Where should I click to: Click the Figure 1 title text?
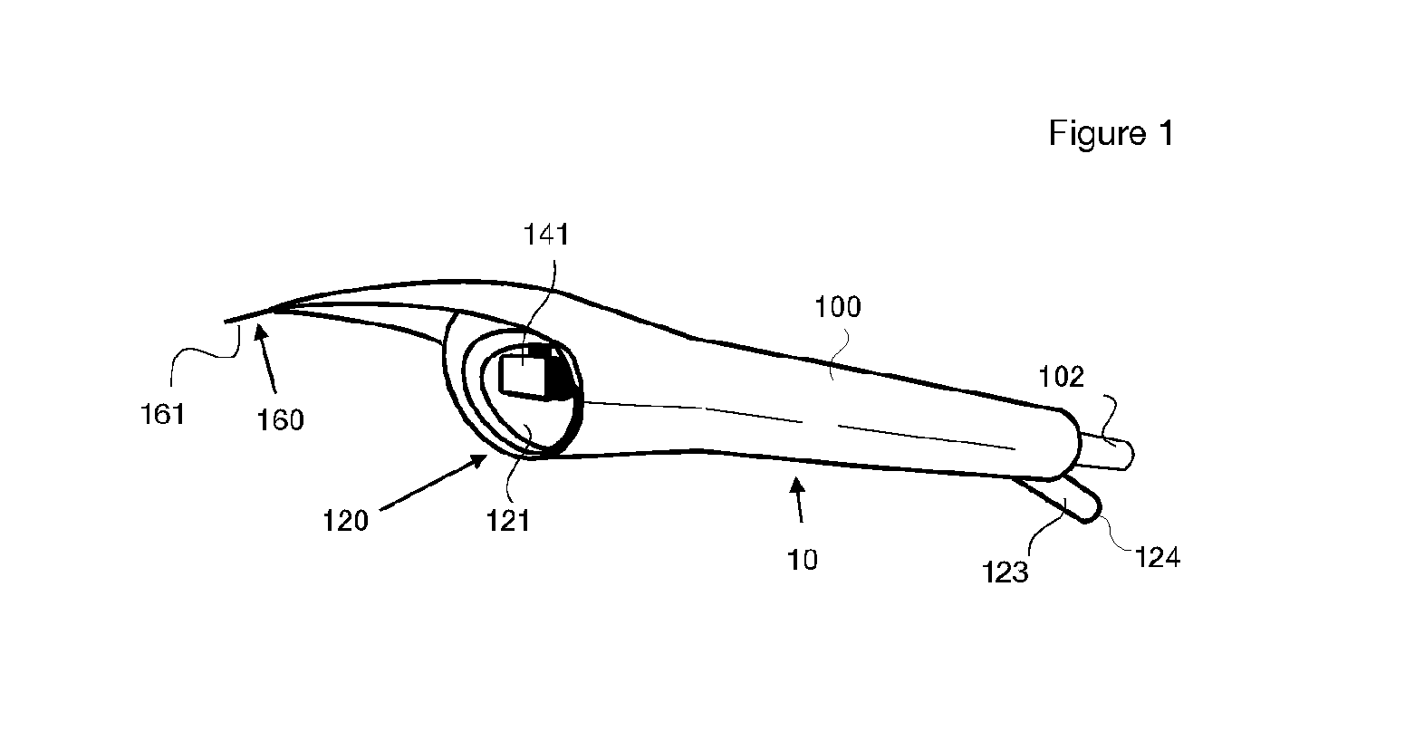coord(1111,133)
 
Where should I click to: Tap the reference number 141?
coord(546,235)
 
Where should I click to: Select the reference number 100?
coord(838,307)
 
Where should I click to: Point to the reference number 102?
coord(1061,377)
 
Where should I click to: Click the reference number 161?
coord(163,415)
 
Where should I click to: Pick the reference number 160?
coord(280,420)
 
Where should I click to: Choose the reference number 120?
coord(346,521)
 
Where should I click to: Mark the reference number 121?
coord(508,521)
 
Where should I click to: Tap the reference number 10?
coord(803,560)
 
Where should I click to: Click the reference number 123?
coord(1005,572)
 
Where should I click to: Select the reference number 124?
coord(1158,557)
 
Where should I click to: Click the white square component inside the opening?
coord(524,376)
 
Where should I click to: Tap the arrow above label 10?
coord(799,500)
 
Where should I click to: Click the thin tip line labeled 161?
coord(249,316)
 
